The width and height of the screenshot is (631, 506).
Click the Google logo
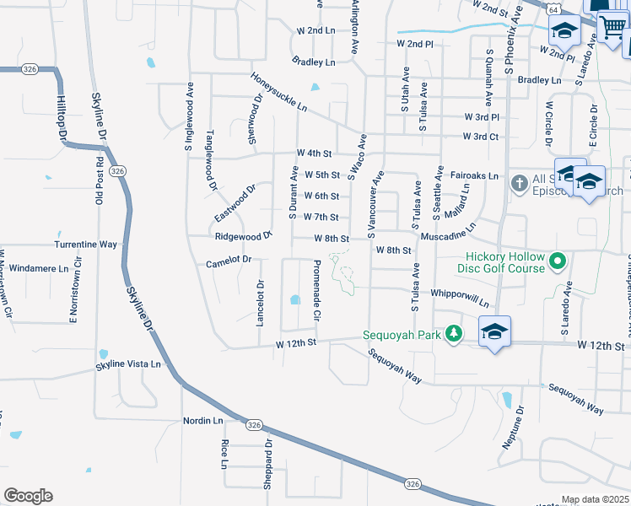tap(28, 496)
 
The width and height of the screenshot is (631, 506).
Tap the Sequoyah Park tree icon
tap(455, 334)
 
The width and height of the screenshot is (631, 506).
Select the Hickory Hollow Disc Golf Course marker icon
tap(557, 263)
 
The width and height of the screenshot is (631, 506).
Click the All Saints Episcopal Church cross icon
tap(519, 180)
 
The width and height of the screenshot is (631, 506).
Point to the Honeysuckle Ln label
tap(278, 93)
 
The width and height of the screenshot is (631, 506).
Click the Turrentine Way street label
tap(85, 244)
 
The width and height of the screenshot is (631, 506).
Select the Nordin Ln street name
tap(202, 420)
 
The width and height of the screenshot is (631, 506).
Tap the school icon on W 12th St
tap(494, 332)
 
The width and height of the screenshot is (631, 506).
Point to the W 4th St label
tap(314, 153)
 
